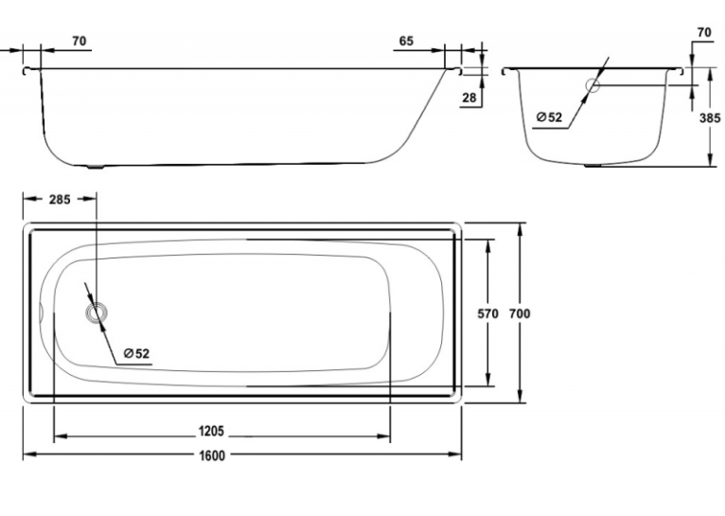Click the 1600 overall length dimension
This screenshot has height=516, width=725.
coord(212,455)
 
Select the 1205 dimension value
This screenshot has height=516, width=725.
coord(211,431)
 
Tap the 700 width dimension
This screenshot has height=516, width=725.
coord(520,313)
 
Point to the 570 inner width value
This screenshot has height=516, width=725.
coord(487,313)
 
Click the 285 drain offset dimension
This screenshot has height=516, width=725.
coord(61,199)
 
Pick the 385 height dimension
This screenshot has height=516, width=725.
coord(710,118)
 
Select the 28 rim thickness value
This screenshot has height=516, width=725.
coord(469,98)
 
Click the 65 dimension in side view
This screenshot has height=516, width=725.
coord(406,41)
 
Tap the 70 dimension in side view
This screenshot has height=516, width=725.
coord(80,41)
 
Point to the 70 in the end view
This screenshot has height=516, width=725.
coord(704,32)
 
